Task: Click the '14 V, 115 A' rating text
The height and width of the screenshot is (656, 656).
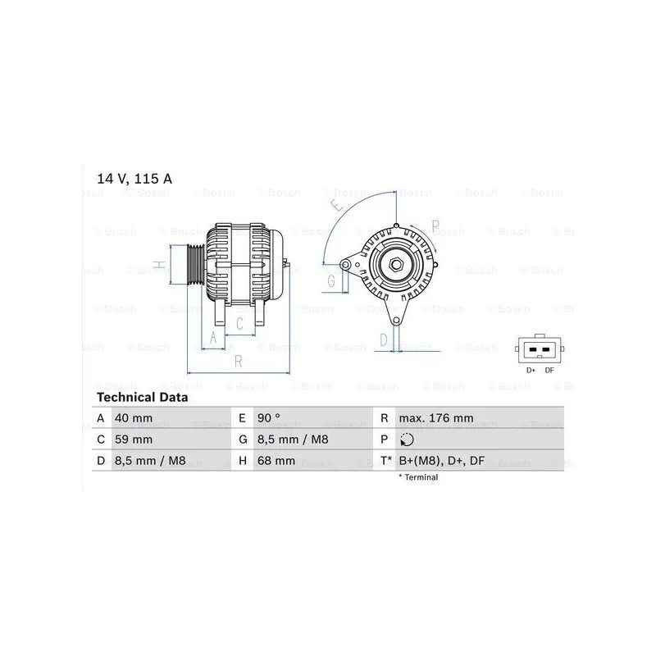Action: coord(134,179)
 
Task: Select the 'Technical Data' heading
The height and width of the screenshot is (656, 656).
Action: coord(142,397)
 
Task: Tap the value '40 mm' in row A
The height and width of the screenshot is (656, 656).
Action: coord(134,418)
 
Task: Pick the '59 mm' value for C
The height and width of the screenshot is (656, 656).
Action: coord(134,440)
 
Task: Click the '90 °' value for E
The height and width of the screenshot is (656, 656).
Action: coord(269,418)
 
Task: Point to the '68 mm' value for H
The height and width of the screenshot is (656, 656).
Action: coord(276,461)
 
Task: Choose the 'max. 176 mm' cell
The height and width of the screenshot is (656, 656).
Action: coord(436,418)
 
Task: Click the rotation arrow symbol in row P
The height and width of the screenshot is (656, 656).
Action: coord(407,440)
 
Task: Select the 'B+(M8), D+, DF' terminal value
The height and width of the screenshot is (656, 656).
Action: coord(441,461)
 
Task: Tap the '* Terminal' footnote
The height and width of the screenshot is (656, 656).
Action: coord(418,477)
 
